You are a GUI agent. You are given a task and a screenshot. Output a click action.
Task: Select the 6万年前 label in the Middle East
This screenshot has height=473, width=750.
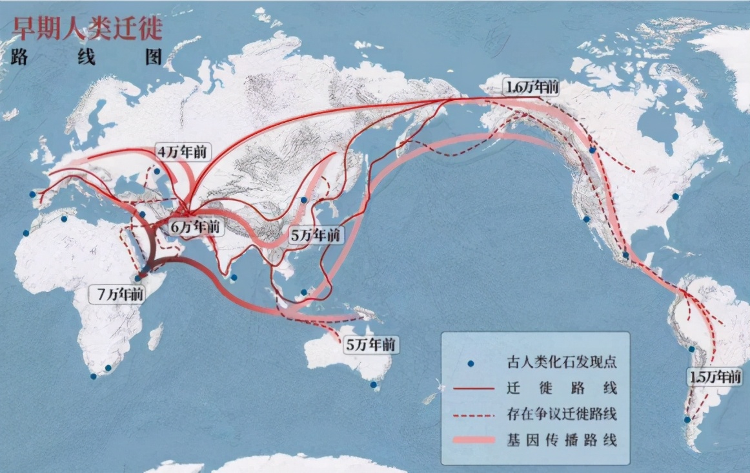click(x=195, y=227)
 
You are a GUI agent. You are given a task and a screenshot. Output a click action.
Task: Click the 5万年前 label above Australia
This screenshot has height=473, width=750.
click(x=370, y=345)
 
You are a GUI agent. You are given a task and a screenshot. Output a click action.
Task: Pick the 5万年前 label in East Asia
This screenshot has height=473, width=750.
click(x=315, y=235)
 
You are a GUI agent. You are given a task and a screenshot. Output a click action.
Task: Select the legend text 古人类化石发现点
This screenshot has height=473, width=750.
click(x=562, y=362)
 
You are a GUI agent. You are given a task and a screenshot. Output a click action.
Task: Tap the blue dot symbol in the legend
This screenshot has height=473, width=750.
click(x=471, y=363)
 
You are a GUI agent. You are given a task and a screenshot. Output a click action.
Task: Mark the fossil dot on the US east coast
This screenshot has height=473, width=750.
click(x=676, y=196)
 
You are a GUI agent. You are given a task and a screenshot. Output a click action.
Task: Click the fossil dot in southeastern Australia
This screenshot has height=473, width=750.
click(x=373, y=386)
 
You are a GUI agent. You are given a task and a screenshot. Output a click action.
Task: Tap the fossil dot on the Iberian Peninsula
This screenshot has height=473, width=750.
click(x=32, y=194)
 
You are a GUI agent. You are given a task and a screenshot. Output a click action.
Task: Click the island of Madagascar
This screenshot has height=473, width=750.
click(x=155, y=336)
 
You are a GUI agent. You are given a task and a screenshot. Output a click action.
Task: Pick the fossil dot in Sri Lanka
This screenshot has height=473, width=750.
click(x=234, y=278)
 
